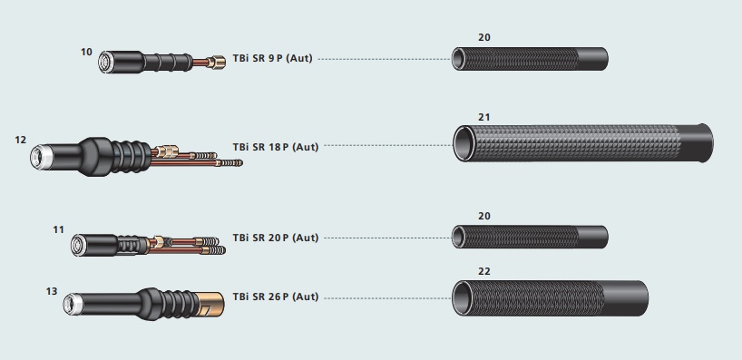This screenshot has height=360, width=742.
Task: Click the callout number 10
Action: coord(86,52)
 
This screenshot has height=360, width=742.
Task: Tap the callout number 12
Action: coord(20,140)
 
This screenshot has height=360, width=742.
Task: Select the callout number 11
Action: coord(58,229)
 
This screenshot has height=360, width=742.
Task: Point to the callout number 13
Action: coord(52,291)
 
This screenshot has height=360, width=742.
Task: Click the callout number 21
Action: coord(484,117)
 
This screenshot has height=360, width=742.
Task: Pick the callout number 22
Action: coord(484,271)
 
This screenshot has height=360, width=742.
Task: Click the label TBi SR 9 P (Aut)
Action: coord(272,59)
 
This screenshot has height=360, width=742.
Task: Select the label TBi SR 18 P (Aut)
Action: coord(276,147)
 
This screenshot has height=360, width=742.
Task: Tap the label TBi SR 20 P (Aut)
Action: coord(276,238)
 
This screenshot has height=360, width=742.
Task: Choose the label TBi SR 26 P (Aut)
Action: coord(276,297)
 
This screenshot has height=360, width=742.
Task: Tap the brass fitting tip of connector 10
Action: coord(218,62)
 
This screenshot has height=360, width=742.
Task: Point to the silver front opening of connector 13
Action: coord(70,304)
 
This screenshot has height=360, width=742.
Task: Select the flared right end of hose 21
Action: coord(705,143)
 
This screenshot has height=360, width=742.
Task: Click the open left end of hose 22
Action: coord(462,298)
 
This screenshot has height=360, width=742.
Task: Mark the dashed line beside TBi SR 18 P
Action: coord(388,146)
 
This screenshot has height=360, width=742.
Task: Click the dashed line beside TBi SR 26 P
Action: coord(388,298)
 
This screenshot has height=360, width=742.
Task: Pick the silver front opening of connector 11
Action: coord(77,245)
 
